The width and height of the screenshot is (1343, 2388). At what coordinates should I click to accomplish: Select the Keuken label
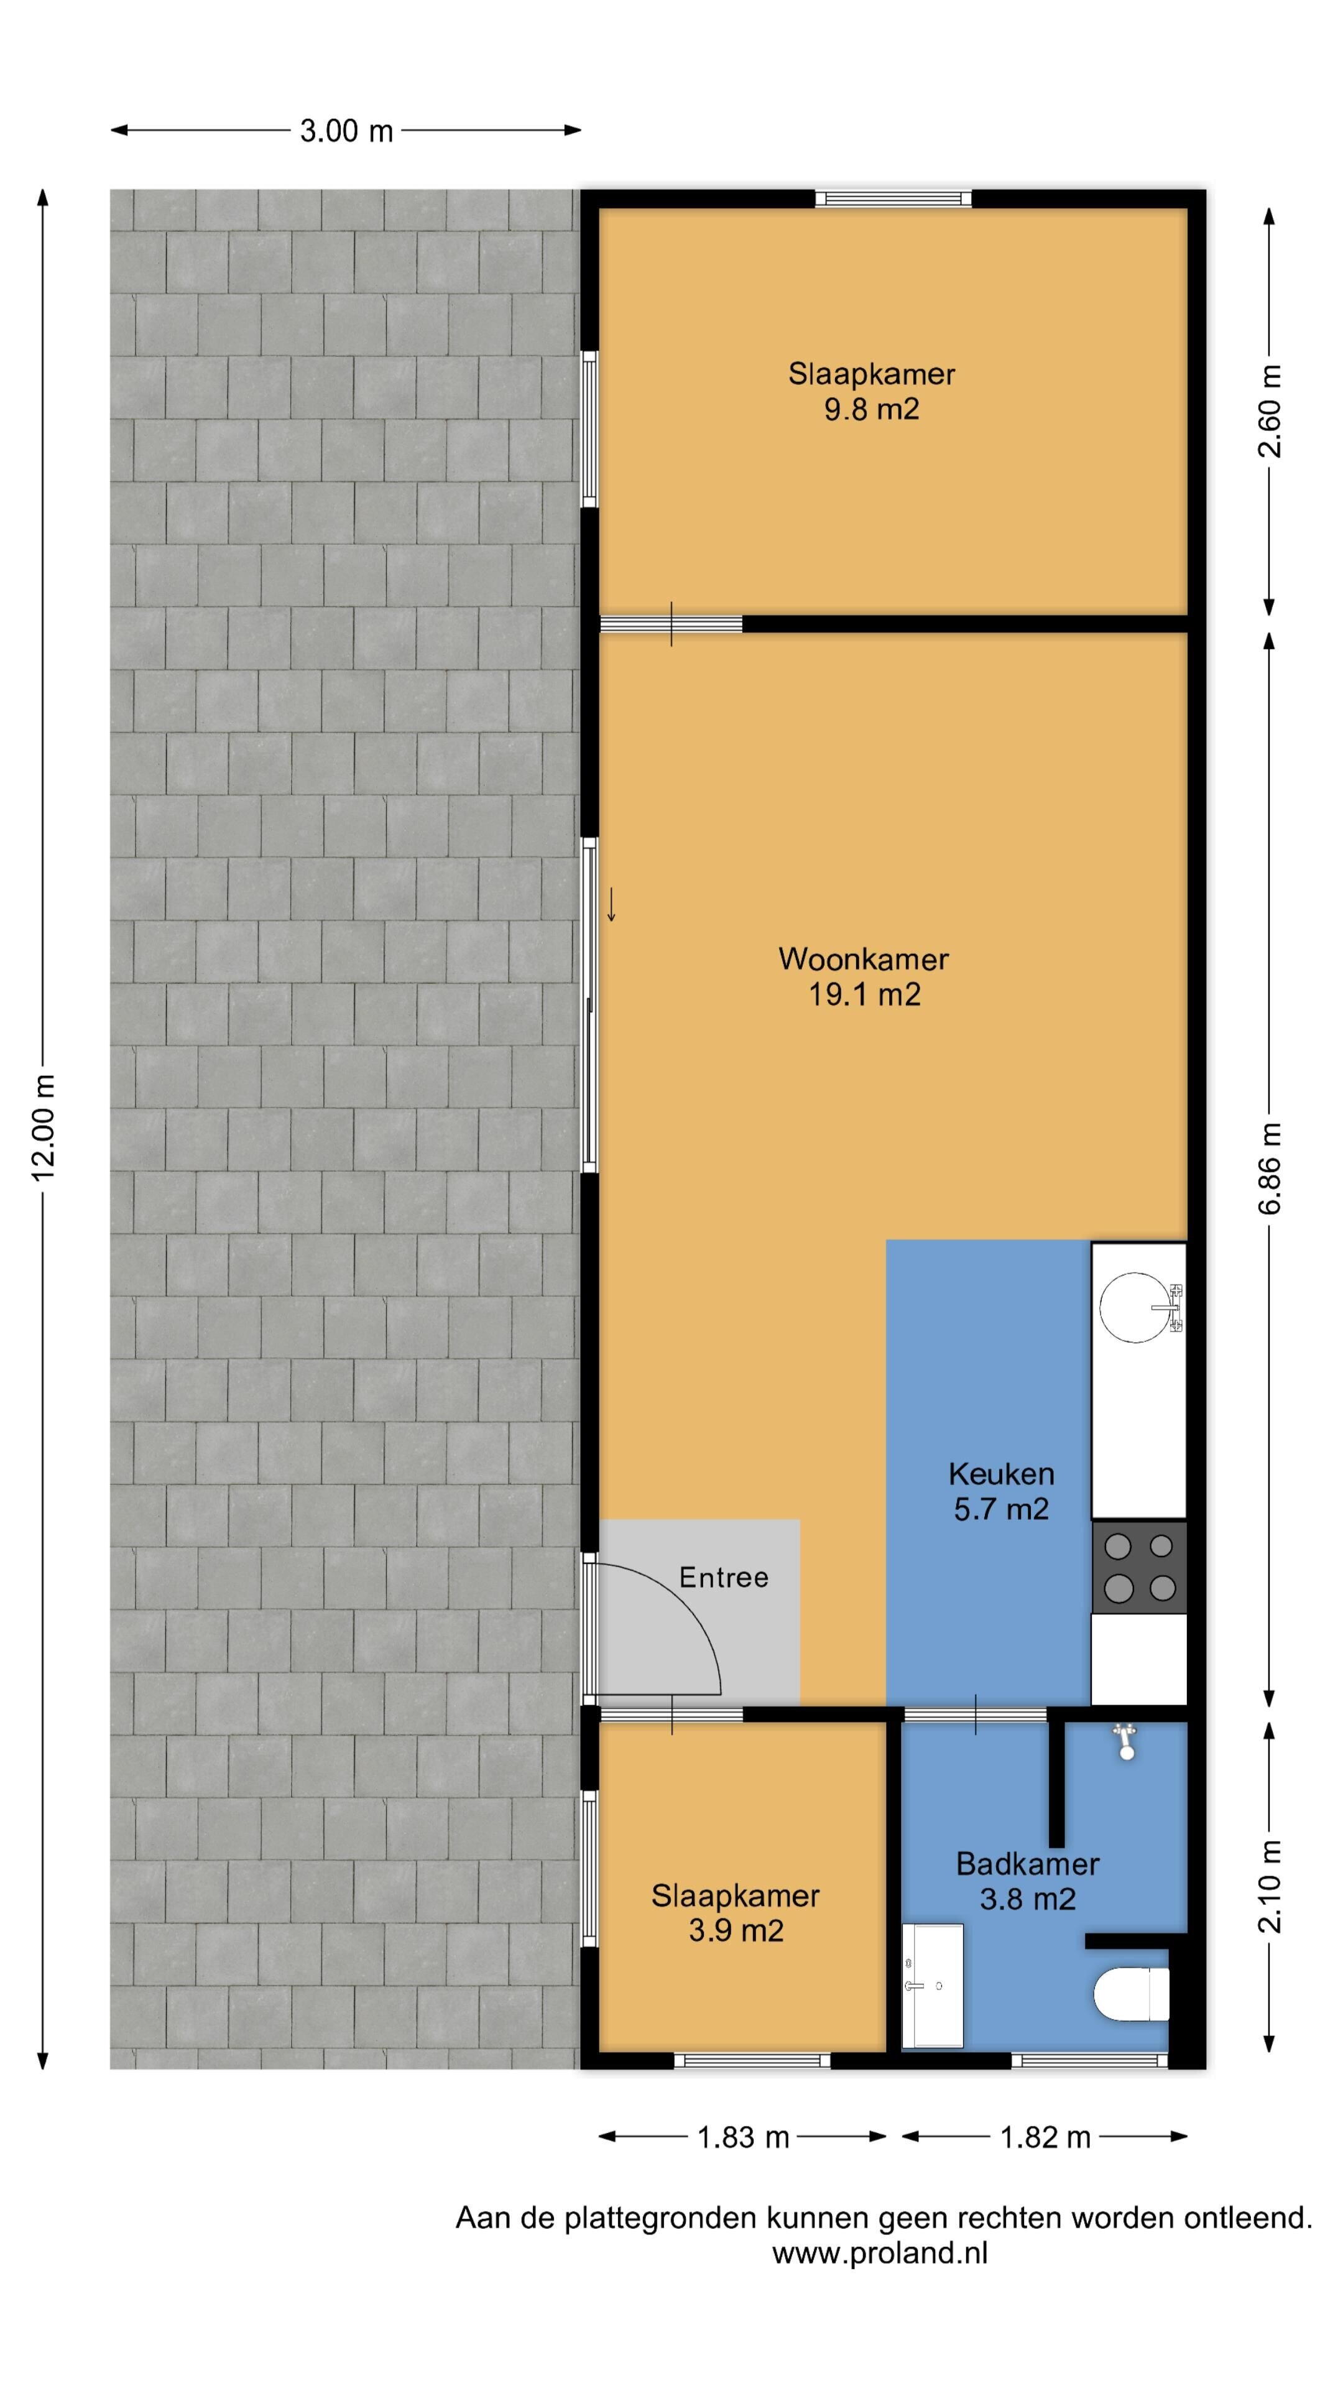[1001, 1474]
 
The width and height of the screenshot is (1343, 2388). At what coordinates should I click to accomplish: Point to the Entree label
[723, 1577]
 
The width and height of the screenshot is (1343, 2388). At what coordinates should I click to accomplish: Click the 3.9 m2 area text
[736, 1931]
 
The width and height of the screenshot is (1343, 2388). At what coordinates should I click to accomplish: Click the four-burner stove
[1139, 1568]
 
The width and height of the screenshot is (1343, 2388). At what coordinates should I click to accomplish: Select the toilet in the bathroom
[1132, 1995]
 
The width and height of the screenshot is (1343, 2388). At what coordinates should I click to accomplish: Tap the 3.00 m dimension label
[346, 131]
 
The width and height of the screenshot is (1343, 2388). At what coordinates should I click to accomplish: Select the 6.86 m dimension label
[1270, 1168]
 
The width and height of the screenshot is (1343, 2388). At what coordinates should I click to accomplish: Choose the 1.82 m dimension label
[1045, 2138]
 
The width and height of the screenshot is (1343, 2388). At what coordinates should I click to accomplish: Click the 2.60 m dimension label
[1270, 410]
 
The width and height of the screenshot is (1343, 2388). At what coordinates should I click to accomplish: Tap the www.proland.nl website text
[880, 2254]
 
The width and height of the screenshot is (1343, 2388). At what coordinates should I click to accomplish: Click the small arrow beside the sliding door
[611, 905]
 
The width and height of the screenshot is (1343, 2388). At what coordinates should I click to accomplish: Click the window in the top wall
[893, 198]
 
